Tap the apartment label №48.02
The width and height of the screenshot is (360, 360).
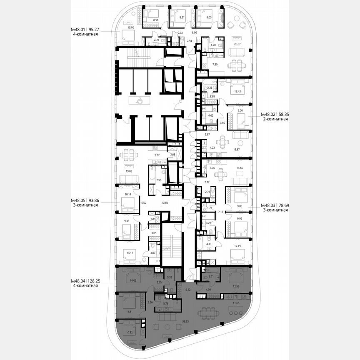click(268, 114)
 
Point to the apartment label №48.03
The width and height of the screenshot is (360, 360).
click(268, 205)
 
